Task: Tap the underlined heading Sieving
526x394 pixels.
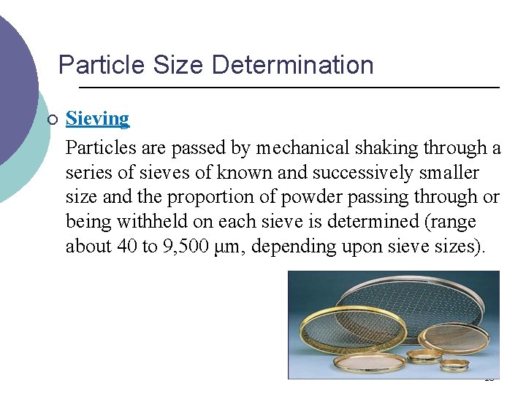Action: tap(97, 118)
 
